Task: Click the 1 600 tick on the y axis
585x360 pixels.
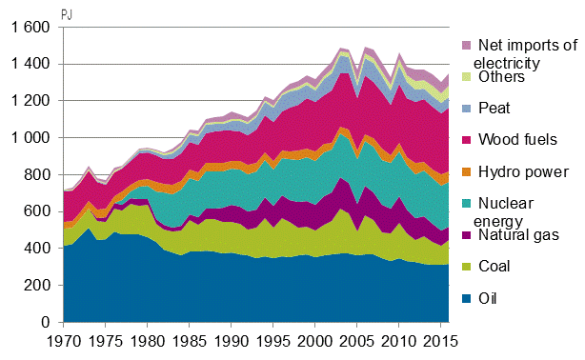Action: click(x=29, y=29)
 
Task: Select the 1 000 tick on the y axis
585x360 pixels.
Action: click(x=29, y=139)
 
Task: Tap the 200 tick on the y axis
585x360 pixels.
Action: click(x=36, y=287)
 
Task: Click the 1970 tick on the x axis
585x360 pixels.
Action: click(x=64, y=341)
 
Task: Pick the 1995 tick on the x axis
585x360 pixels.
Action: click(x=272, y=341)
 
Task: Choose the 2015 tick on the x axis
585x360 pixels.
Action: click(x=439, y=341)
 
